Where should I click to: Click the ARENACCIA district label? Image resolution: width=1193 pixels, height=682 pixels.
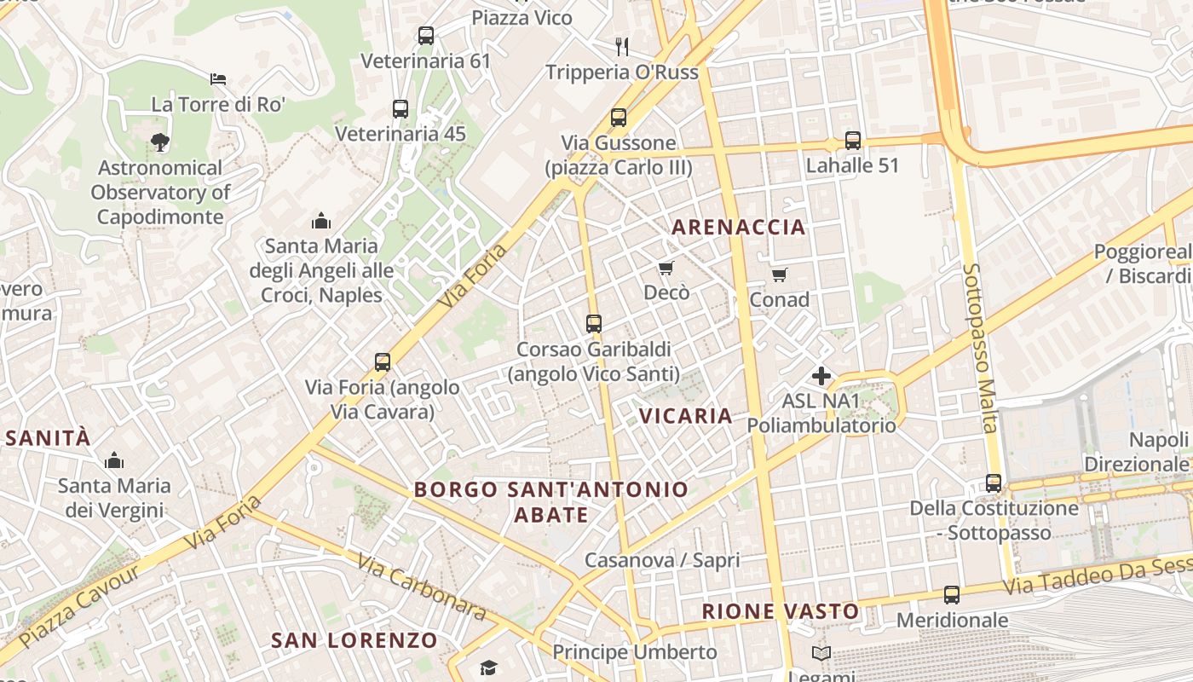[x=738, y=227]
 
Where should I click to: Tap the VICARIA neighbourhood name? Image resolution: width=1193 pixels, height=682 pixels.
[x=685, y=416]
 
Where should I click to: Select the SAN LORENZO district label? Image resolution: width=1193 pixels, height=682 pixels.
[x=354, y=640]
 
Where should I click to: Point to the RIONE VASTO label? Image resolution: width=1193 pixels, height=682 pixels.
[x=781, y=611]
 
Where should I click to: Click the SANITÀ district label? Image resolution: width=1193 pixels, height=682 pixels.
[x=47, y=438]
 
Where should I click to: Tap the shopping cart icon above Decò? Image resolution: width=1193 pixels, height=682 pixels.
[x=666, y=268]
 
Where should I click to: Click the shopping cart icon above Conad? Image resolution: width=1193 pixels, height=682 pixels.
[x=779, y=275]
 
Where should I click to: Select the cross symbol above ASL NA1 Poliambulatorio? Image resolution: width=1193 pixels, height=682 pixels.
[x=821, y=375]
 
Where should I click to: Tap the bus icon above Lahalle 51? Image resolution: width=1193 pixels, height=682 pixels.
[x=852, y=140]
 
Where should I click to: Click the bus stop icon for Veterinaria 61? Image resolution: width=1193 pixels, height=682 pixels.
[x=426, y=36]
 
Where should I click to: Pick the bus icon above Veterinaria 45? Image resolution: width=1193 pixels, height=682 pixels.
[x=401, y=109]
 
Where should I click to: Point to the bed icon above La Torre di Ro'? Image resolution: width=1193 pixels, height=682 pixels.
[x=218, y=79]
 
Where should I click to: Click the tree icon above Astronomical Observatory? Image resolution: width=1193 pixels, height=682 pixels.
[x=159, y=142]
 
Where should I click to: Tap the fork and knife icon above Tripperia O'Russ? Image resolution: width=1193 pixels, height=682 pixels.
[x=622, y=46]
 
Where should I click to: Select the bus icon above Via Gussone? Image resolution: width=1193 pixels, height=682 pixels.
[x=619, y=118]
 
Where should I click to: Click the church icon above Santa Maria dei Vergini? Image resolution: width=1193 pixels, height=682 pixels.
[x=114, y=461]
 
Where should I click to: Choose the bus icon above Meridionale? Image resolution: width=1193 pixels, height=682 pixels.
[x=952, y=595]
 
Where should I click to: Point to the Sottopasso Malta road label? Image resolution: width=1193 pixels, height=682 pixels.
[x=979, y=347]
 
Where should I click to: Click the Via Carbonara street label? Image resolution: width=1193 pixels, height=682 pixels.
[x=422, y=587]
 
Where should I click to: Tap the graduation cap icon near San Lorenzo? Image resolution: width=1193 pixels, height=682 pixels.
[x=487, y=668]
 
